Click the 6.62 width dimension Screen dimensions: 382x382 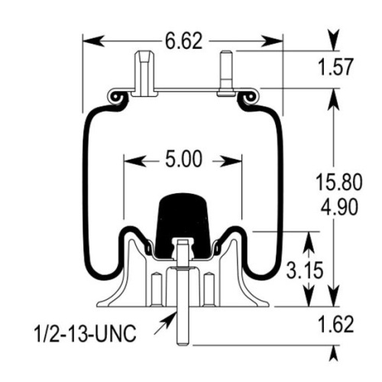pos(183,41)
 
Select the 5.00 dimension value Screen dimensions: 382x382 pos(183,160)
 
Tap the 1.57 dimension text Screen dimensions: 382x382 pos(336,67)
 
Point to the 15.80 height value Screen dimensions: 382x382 pos(338,183)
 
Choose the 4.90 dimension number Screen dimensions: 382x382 pos(339,207)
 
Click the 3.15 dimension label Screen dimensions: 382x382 pos(305,270)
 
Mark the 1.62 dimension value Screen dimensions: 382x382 pos(336,325)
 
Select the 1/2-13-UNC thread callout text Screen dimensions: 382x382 pos(85,333)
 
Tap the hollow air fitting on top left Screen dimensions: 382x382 pos(144,74)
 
